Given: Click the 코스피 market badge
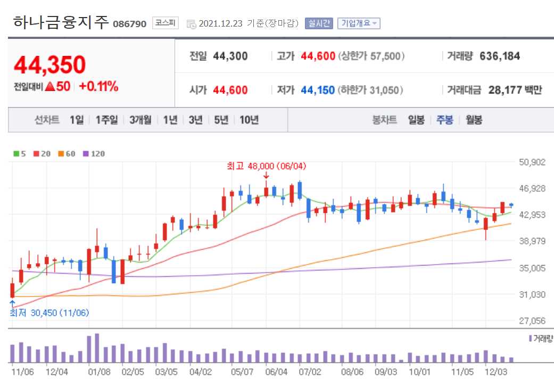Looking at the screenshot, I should click(165, 23).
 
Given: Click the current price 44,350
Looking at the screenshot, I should click(49, 65).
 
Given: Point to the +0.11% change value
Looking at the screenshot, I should click(98, 86).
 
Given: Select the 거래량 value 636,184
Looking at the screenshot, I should click(499, 56).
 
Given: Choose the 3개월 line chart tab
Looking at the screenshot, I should click(140, 120).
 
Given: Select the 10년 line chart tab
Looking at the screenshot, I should click(249, 120).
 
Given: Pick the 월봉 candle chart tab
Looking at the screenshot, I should click(473, 120).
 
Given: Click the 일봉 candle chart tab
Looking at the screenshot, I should click(416, 120).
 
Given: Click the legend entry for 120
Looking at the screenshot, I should click(94, 154).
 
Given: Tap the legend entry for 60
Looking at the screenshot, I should click(68, 154).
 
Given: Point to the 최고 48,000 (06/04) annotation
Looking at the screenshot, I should click(266, 166).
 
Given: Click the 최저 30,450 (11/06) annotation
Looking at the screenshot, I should click(49, 312).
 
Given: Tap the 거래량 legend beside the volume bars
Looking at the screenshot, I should click(541, 339).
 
